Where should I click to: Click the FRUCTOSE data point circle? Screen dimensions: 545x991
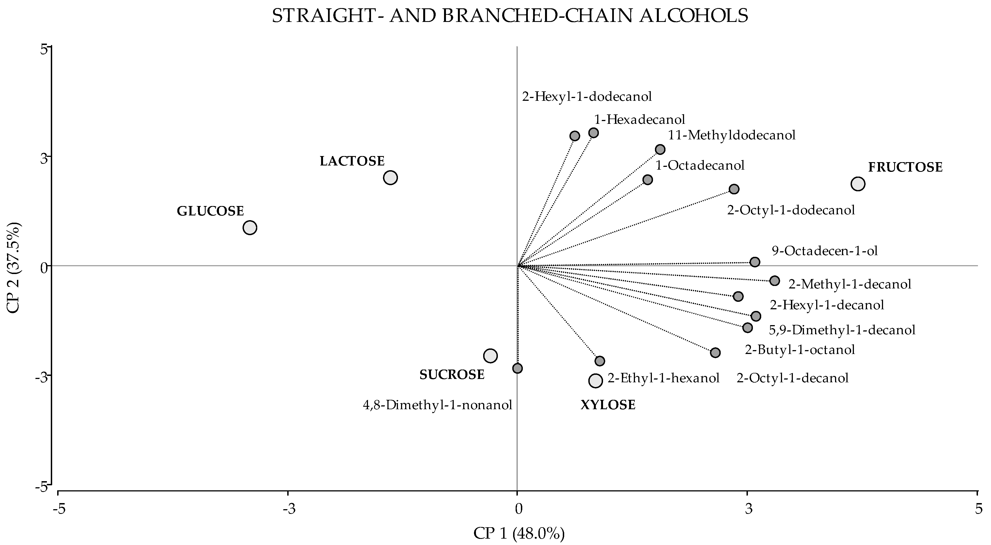[x=858, y=184]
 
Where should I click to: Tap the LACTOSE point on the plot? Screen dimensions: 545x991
[x=390, y=178]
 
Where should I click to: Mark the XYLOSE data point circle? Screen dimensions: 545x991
[x=595, y=381]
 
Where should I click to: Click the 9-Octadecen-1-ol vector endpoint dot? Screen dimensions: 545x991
[x=755, y=262]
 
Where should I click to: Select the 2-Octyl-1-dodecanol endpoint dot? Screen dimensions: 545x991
[x=734, y=189]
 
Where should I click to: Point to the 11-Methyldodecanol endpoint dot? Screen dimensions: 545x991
[x=660, y=149]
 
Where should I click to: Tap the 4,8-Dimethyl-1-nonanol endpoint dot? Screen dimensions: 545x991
[x=518, y=368]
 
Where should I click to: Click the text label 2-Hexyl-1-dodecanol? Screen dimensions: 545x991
[x=587, y=96]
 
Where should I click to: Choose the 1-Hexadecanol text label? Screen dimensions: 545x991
[x=639, y=119]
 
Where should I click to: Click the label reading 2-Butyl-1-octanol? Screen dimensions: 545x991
[x=800, y=350]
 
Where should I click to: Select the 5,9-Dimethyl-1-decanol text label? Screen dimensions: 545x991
[x=842, y=330]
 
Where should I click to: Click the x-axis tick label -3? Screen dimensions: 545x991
[x=289, y=509]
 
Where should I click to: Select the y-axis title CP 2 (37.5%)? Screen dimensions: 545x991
[x=14, y=267]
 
